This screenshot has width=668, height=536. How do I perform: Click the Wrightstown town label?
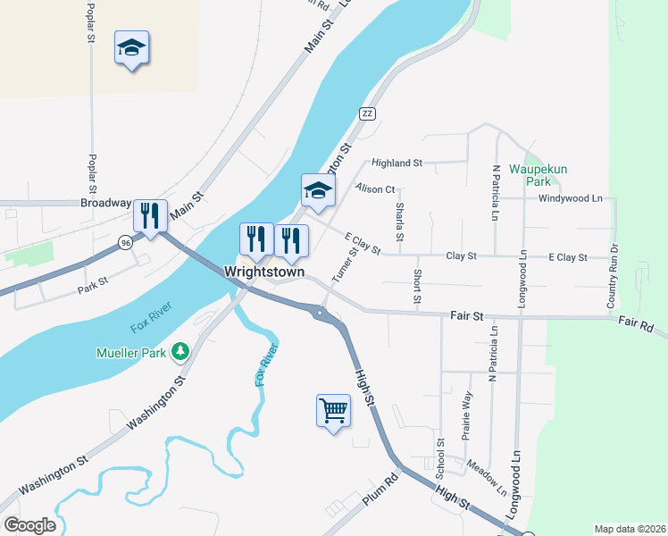pos(264,272)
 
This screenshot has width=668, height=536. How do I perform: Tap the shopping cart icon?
pos(333,411)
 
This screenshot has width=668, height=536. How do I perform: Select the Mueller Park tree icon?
pos(181,352)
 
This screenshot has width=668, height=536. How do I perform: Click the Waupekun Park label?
pos(539,174)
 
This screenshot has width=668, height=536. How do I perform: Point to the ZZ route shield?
pos(366,113)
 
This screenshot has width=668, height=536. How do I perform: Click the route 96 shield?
pos(125,241)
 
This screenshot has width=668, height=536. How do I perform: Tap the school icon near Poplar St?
pos(132,48)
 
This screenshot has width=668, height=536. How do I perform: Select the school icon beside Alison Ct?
pos(318,190)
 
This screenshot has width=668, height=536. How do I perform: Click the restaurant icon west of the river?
pos(149,215)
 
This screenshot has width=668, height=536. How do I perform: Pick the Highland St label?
pos(397,163)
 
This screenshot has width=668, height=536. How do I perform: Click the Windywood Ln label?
pos(571,197)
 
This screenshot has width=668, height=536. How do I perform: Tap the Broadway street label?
pos(105,203)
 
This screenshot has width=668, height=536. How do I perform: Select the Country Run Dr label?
pos(613,275)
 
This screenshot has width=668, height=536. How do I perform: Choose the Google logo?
pos(29,525)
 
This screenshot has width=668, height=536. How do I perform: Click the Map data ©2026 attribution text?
pos(630,529)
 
